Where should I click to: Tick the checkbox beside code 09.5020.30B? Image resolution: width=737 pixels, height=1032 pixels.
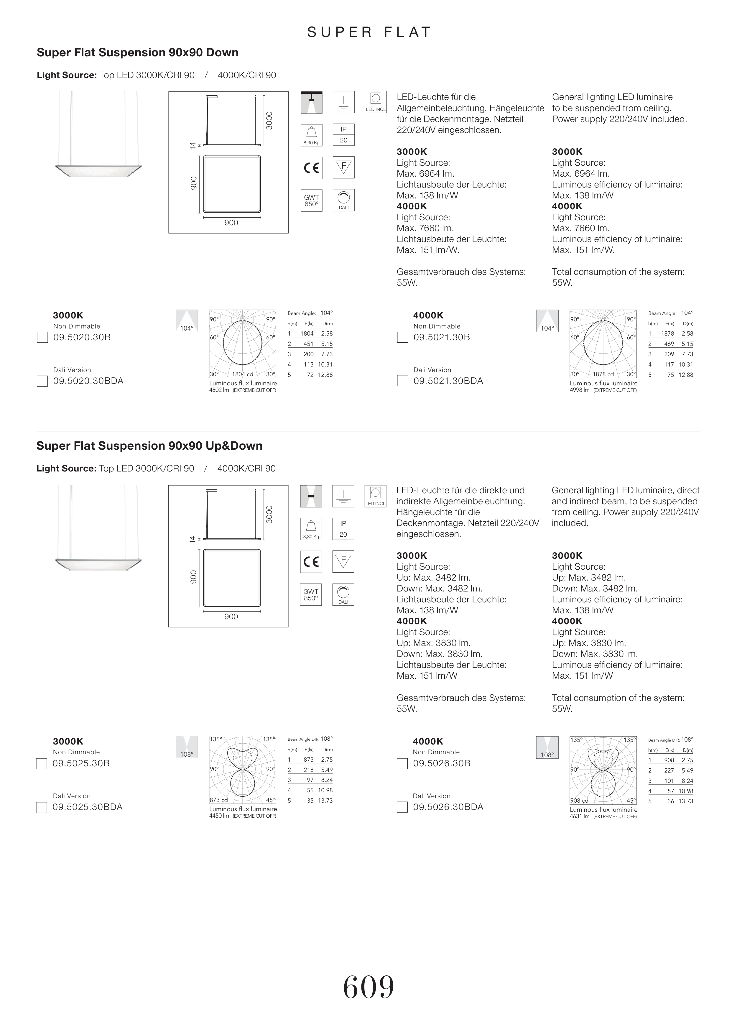click(x=42, y=337)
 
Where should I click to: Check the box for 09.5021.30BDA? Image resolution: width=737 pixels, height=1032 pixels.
click(x=402, y=381)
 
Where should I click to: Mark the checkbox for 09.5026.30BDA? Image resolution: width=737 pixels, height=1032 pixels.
click(x=402, y=807)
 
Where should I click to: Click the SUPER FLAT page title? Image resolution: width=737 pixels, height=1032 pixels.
click(x=368, y=32)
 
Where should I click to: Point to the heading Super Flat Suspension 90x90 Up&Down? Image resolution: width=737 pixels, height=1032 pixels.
click(x=149, y=446)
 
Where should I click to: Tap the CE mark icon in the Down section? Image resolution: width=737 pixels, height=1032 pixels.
click(x=311, y=168)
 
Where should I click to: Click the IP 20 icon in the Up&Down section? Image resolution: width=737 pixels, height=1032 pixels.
click(x=343, y=529)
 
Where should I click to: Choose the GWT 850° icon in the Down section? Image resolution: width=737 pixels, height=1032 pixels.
click(x=311, y=201)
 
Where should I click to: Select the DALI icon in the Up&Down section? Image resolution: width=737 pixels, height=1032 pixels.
click(x=343, y=594)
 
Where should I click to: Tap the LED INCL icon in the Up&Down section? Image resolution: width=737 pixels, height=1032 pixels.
click(x=375, y=496)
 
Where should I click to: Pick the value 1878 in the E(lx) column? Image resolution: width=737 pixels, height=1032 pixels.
click(x=667, y=333)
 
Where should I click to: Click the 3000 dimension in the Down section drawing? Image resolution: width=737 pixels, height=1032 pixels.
click(x=269, y=121)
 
